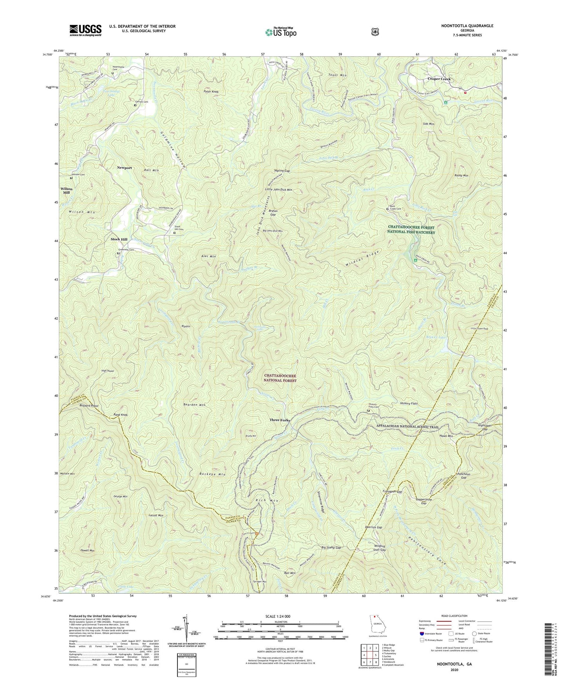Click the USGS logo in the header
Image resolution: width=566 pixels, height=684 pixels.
point(85,30)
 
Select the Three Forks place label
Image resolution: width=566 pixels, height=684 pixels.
point(280,420)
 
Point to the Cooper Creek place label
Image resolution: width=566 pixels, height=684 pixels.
point(439,79)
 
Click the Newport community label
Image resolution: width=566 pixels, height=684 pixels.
point(124,168)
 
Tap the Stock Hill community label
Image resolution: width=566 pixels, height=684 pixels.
point(119,239)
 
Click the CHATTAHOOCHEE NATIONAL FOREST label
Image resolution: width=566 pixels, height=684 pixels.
point(280,378)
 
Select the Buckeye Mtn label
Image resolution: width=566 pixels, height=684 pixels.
point(212,474)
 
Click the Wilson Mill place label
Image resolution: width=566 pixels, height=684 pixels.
point(66,190)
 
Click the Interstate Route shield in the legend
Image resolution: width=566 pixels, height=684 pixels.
point(421,633)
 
